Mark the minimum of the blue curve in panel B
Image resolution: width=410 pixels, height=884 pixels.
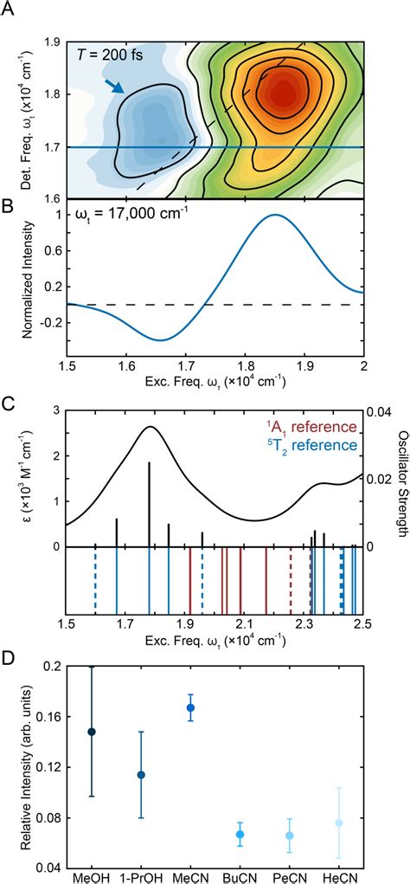pos(159,340)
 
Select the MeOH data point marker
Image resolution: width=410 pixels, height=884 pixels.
pos(92,732)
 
